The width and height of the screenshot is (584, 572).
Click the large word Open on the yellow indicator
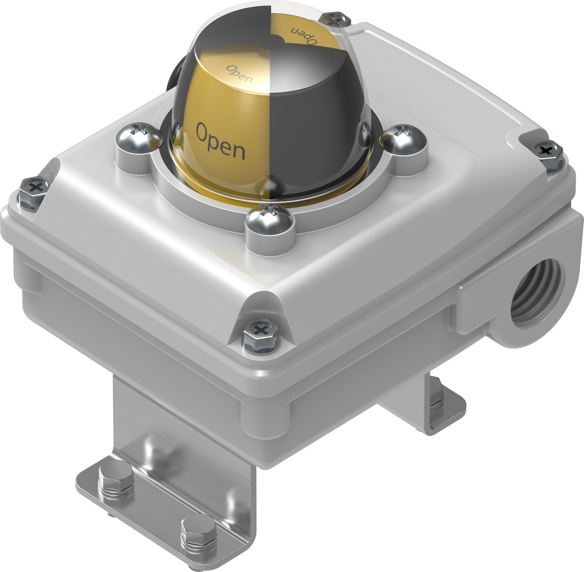pyautogui.click(x=220, y=140)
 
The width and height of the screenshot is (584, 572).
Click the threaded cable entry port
pyautogui.click(x=536, y=294)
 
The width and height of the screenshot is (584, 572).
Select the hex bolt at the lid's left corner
pyautogui.click(x=32, y=191)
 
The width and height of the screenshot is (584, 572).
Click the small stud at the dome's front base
pyautogui.click(x=272, y=184)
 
